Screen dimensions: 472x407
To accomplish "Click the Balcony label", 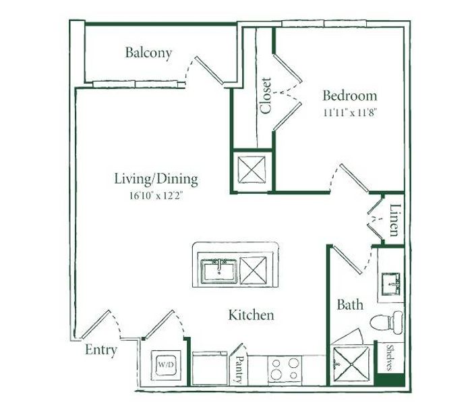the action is [x=148, y=53].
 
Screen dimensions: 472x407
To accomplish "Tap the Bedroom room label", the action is [x=350, y=95].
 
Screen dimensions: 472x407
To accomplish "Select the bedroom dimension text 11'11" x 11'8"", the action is [x=350, y=113].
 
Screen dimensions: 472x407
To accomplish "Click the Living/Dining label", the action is [x=156, y=179].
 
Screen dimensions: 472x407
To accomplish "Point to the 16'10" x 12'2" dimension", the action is [x=156, y=196].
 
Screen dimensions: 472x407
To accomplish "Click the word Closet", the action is [x=266, y=96].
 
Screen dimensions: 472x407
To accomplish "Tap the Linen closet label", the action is [x=395, y=220].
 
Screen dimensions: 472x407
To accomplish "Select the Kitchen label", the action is [x=252, y=315].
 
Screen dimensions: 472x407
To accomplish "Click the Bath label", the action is [x=350, y=304].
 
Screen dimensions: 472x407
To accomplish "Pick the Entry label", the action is [x=101, y=350].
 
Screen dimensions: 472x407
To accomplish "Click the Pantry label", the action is [x=239, y=370].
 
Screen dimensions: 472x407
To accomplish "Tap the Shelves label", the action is [x=390, y=358].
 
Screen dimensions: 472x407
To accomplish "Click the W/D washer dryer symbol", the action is [x=166, y=364].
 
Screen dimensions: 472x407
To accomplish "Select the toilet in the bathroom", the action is [x=386, y=323].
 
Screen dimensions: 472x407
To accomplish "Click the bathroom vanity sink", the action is [x=390, y=283].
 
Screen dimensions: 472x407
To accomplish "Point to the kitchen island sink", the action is [x=219, y=271].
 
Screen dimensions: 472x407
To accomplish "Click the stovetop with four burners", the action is [x=285, y=369].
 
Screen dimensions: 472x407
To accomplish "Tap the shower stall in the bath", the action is [x=351, y=365].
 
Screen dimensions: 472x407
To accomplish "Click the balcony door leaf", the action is [x=209, y=70].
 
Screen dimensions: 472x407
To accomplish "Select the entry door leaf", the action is [x=96, y=325].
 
